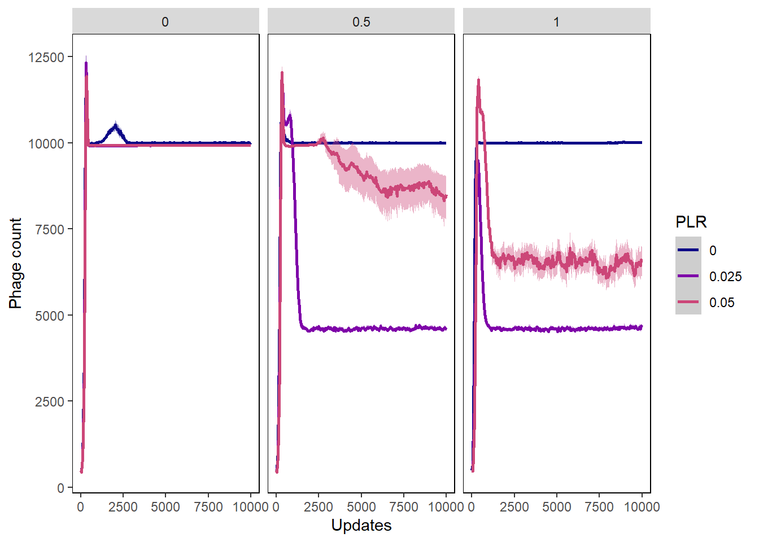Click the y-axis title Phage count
pos(15,263)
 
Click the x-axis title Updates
pos(361,526)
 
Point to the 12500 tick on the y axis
pos(46,57)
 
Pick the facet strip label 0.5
pos(361,22)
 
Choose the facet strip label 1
pos(556,22)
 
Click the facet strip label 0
pos(165,22)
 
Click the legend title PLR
pos(691,222)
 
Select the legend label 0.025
pos(725,277)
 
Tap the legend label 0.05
pos(722,303)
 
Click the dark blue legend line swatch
pos(688,250)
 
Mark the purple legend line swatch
pos(688,276)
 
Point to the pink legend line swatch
pos(688,302)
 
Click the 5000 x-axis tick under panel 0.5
pos(361,507)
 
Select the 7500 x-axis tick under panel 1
pos(599,507)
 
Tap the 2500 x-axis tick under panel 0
pos(123,507)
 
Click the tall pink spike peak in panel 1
pos(478,81)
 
